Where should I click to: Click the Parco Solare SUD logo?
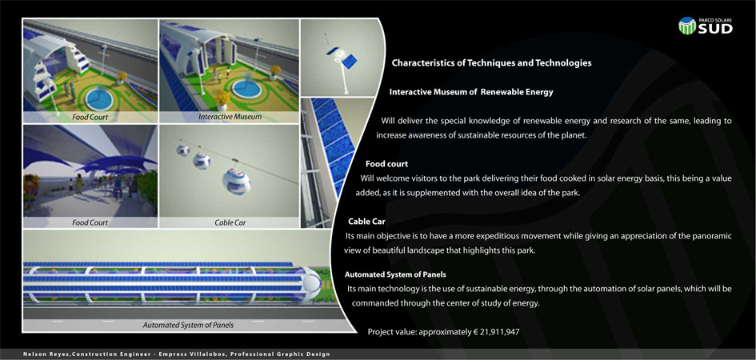coord(706,26)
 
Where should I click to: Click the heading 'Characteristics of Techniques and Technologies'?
coord(491,62)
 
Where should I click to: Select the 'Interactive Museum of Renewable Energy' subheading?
coord(471,92)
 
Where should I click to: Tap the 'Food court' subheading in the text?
coord(386,164)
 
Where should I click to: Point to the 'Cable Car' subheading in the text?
coord(366,222)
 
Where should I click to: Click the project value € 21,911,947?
coord(496,332)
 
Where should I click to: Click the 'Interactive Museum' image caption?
coord(230,117)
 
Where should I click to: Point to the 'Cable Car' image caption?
coord(230,222)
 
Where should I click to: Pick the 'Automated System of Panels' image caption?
coord(188,326)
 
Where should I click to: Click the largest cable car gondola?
coord(236,181)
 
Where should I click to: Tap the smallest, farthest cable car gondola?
coord(182,150)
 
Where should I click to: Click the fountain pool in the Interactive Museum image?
coord(246,89)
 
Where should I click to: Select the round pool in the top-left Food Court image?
coord(99,99)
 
